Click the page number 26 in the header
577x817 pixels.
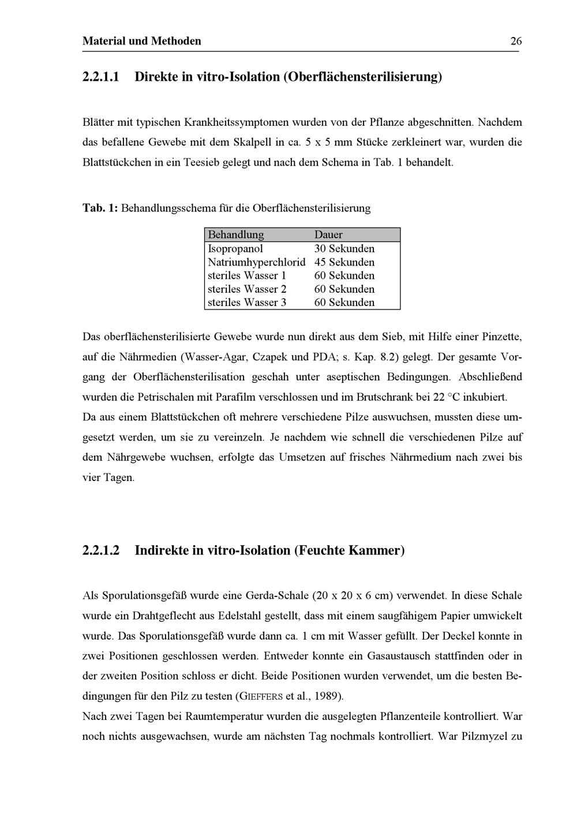pos(516,41)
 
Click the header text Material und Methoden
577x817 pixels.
pos(142,41)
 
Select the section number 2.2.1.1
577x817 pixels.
pos(101,76)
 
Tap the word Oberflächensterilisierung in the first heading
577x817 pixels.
pos(361,76)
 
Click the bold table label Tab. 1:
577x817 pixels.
pos(100,208)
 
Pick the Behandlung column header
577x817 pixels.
pos(235,235)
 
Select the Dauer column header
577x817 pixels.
pos(328,235)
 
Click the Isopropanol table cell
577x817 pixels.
pos(235,249)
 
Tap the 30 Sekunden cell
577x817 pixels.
pos(344,249)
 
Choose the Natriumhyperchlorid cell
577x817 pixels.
pos(256,262)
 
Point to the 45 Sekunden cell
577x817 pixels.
pos(344,262)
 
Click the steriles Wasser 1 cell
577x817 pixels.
pos(247,275)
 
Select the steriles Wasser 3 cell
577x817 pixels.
pos(247,303)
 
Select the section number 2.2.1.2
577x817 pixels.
pos(101,550)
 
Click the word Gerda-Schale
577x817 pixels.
pos(277,595)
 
